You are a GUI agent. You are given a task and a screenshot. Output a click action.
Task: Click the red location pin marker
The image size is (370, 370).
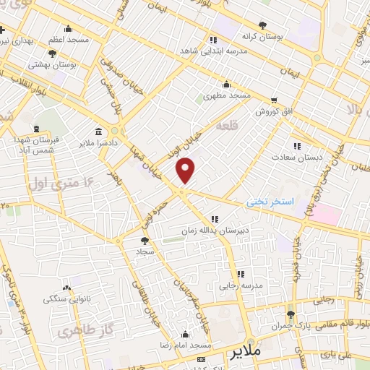tap(186, 170)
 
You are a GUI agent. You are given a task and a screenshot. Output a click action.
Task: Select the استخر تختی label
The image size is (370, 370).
tap(270, 202)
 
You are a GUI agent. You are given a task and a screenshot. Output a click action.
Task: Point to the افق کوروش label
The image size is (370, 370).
tap(272, 112)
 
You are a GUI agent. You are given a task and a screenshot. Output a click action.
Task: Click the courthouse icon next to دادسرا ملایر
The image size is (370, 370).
tap(98, 131)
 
